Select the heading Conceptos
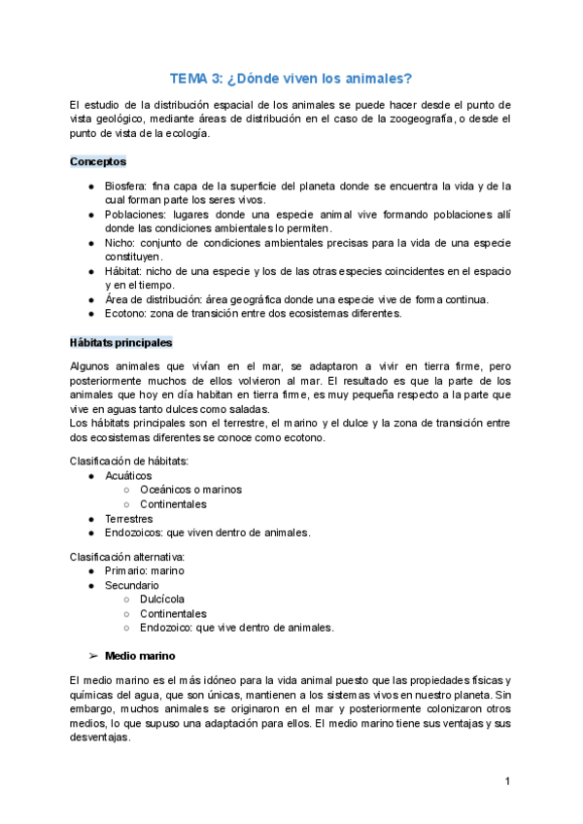click(x=98, y=161)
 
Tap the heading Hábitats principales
click(x=120, y=342)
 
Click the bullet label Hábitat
click(x=125, y=270)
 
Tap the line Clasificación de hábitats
click(x=129, y=461)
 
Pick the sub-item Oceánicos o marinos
click(x=190, y=490)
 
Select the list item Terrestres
click(x=130, y=519)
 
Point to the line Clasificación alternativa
click(x=126, y=557)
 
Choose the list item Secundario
click(x=132, y=586)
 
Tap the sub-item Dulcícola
click(x=162, y=600)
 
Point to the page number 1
click(x=507, y=782)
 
